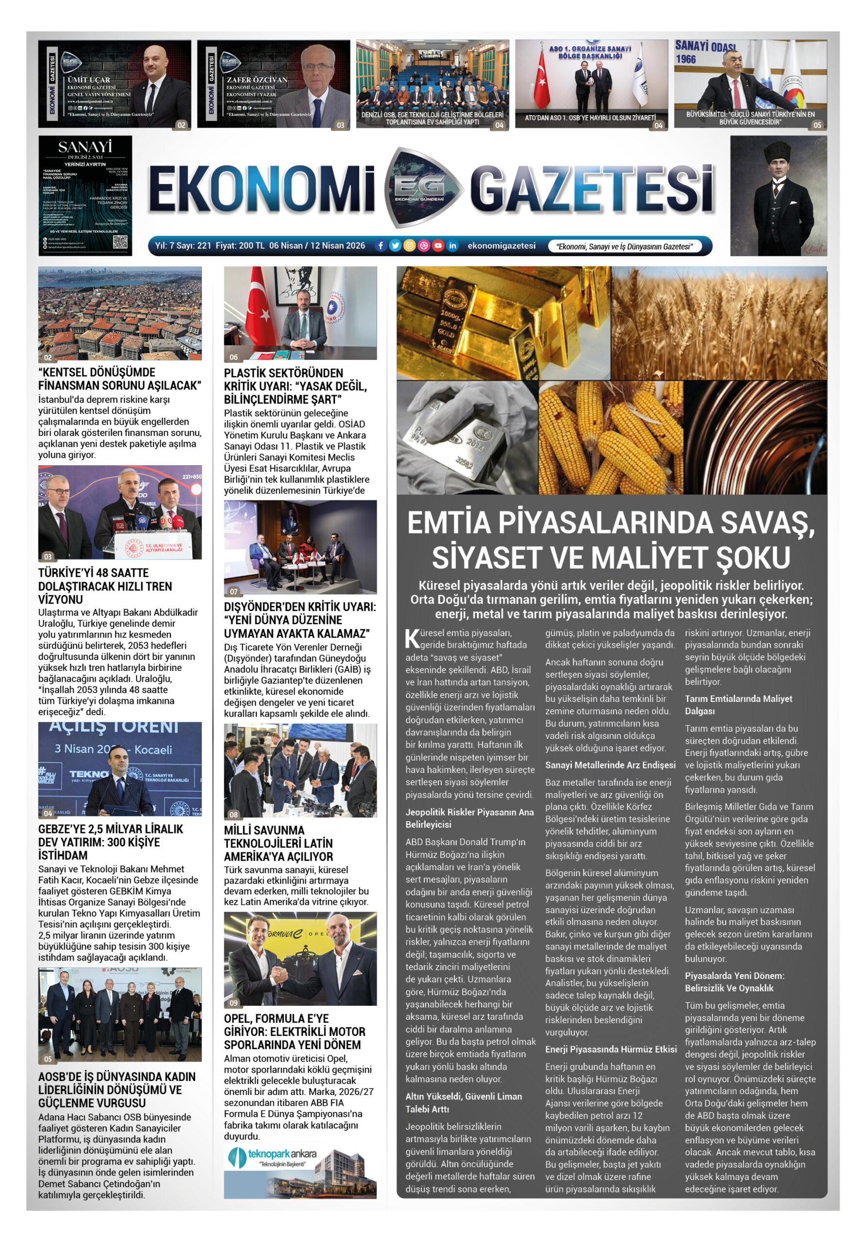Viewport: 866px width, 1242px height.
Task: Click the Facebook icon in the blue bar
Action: click(381, 245)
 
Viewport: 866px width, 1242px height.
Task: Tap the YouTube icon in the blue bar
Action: click(438, 245)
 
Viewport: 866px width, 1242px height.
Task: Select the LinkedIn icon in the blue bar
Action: click(452, 245)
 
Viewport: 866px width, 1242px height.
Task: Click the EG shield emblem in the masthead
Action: click(419, 187)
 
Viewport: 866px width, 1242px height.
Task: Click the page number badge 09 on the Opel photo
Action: click(233, 1002)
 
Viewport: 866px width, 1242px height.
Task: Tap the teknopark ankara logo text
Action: click(282, 1154)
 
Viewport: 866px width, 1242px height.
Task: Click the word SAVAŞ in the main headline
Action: click(767, 523)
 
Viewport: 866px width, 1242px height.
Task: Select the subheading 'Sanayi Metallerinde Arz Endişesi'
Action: click(610, 765)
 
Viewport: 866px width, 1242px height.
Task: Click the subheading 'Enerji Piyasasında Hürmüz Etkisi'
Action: click(611, 1049)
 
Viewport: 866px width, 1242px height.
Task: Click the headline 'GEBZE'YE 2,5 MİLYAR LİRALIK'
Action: click(110, 829)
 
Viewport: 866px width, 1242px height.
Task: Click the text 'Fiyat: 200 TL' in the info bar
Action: click(240, 245)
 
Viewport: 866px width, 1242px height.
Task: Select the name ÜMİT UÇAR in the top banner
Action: click(89, 80)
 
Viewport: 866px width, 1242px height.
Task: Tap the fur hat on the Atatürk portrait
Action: click(778, 149)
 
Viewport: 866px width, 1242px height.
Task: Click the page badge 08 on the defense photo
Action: click(233, 815)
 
